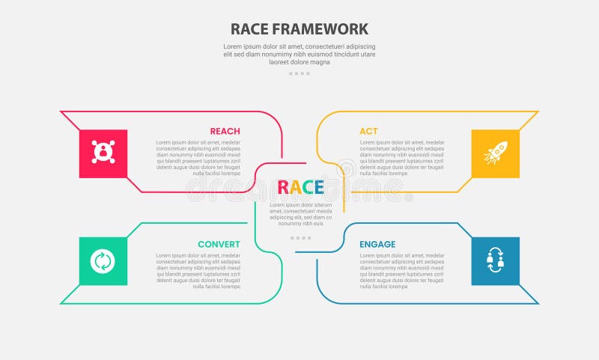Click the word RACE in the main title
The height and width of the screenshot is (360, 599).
[252, 29]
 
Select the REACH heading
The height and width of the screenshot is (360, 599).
[225, 131]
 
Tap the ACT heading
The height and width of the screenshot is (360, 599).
[368, 131]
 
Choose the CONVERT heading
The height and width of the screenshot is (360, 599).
[219, 244]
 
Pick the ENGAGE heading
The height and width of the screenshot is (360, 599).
[377, 244]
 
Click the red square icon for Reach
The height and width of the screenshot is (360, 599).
[103, 153]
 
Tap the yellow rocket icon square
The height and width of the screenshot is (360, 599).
[495, 153]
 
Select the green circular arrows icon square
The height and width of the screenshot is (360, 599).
[103, 261]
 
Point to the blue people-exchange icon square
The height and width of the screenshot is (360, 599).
[495, 261]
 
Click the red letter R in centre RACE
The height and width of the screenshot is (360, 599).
[283, 187]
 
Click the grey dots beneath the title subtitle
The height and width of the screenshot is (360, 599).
[299, 73]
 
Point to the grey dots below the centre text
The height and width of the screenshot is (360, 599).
[300, 238]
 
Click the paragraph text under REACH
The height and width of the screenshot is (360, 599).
[198, 157]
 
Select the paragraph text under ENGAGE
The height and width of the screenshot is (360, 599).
[402, 270]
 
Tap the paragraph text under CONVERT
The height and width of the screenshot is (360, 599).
[198, 270]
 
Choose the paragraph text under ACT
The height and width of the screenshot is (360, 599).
[402, 157]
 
